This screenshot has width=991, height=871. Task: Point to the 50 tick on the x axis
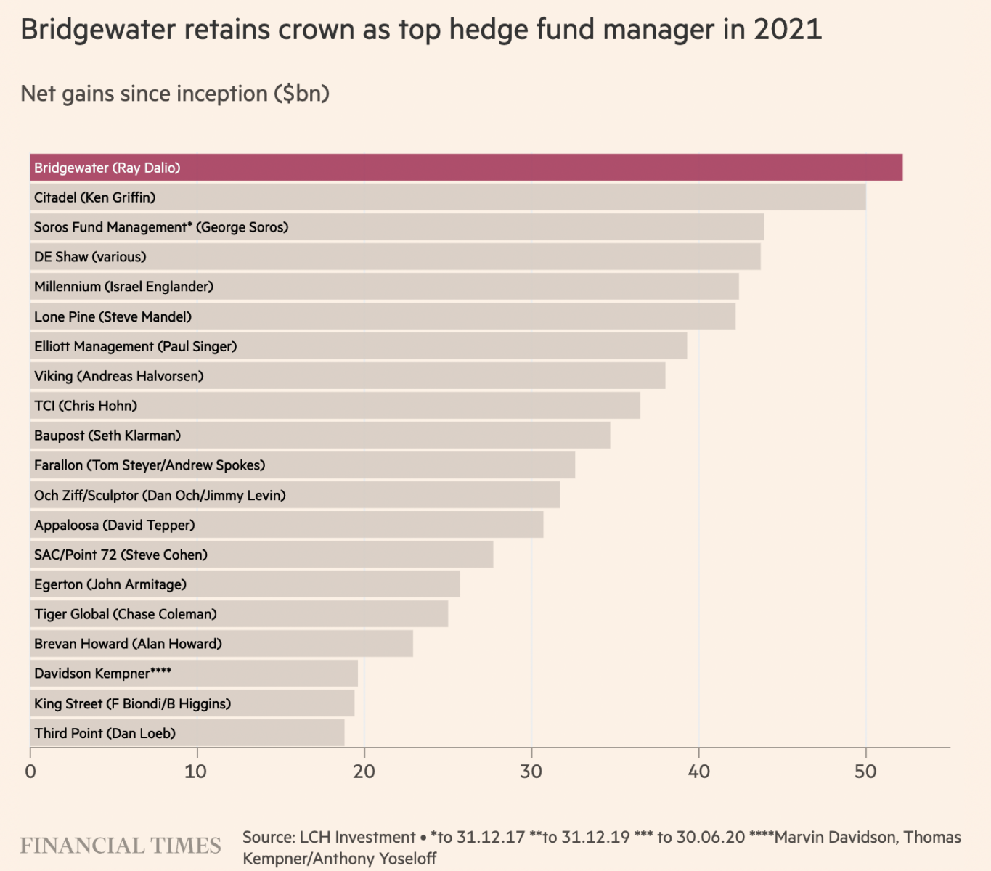coord(865,772)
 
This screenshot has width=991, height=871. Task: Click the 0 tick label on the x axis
coord(30,772)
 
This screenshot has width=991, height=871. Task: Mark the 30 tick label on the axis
coord(531,772)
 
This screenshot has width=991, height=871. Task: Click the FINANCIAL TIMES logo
coord(121,846)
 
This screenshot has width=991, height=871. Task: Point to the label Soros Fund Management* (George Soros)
coord(161,227)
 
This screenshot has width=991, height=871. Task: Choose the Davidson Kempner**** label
coord(103,674)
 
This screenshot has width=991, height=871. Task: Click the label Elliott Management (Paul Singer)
coord(136,346)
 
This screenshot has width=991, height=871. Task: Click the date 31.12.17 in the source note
coord(491,837)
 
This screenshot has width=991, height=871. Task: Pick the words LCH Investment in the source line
coord(357,837)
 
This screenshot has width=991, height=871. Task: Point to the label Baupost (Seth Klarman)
coord(107,435)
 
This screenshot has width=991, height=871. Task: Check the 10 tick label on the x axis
coord(196,772)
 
